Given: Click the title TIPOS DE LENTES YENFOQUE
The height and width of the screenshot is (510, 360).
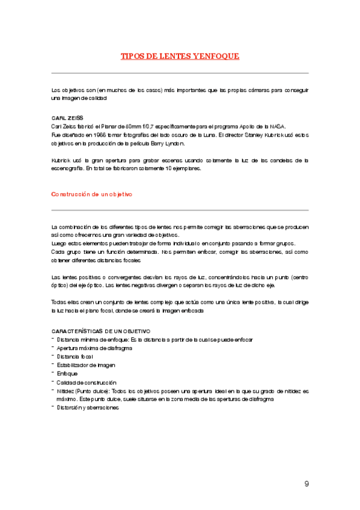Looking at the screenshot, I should tap(180, 56).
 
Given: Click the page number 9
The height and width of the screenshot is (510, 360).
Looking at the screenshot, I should tap(307, 484).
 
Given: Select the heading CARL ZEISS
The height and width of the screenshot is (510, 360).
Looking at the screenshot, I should tap(67, 118).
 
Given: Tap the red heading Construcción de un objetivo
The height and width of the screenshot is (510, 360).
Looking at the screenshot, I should tap(91, 194).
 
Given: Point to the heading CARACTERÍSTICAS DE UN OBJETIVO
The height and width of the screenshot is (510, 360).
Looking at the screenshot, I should tap(101, 331).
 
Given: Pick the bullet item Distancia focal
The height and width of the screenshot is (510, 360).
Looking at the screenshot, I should tap(75, 357).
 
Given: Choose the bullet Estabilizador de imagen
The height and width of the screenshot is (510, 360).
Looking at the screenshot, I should tap(86, 365).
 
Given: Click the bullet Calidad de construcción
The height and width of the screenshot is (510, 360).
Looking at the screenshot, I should tap(86, 382).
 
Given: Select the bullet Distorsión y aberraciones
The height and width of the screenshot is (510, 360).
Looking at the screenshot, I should tap(88, 408).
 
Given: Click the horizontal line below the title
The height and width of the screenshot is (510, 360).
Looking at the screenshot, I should tap(180, 73).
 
